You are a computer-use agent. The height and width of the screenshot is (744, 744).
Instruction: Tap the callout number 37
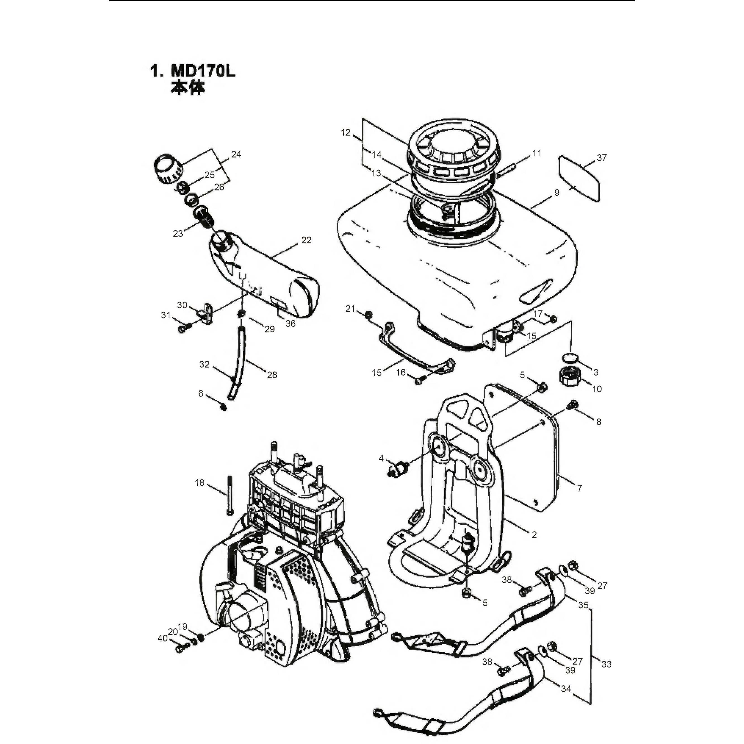[x=602, y=158]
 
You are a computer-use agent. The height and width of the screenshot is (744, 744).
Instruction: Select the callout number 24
[x=236, y=154]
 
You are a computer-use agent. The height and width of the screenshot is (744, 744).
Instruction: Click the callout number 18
[x=199, y=483]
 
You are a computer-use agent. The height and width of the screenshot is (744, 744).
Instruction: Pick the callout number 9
[x=557, y=192]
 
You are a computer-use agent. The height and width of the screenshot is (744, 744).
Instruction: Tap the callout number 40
[x=163, y=638]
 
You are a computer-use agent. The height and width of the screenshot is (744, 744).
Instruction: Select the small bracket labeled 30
[x=207, y=313]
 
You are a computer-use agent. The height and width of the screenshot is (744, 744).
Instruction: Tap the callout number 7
[x=580, y=488]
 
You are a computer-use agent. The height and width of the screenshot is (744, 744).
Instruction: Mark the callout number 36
[x=290, y=323]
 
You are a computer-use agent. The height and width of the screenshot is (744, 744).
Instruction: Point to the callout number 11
[x=537, y=153]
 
